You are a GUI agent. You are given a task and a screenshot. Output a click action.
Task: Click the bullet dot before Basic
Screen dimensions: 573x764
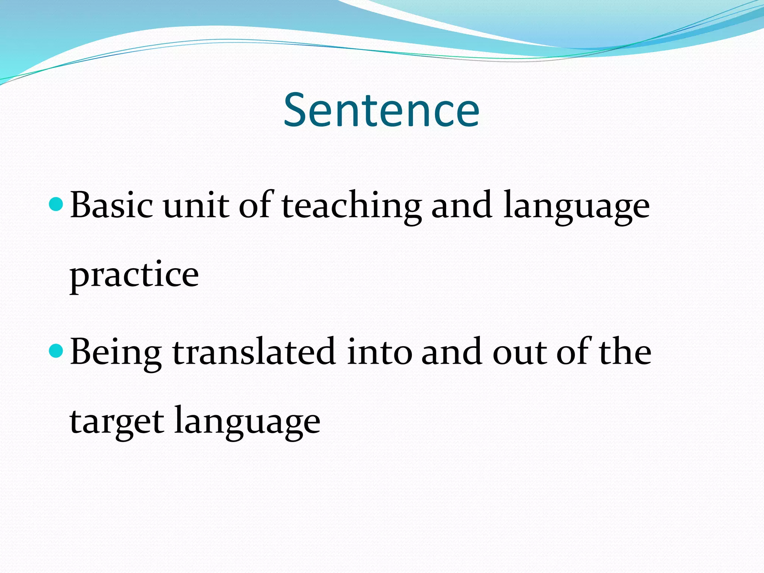(56, 204)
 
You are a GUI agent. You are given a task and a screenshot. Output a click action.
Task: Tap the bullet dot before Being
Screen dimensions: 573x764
(56, 351)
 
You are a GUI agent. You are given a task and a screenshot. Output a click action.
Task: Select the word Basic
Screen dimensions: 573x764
(112, 204)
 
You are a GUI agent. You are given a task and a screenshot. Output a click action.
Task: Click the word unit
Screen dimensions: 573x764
(196, 205)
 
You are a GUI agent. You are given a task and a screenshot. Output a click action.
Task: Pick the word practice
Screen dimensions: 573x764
(134, 275)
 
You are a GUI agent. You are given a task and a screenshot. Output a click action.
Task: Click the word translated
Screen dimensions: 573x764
(254, 351)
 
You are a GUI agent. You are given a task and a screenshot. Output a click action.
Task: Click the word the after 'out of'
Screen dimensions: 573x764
(625, 351)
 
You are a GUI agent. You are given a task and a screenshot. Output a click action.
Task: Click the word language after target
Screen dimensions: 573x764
(247, 422)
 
